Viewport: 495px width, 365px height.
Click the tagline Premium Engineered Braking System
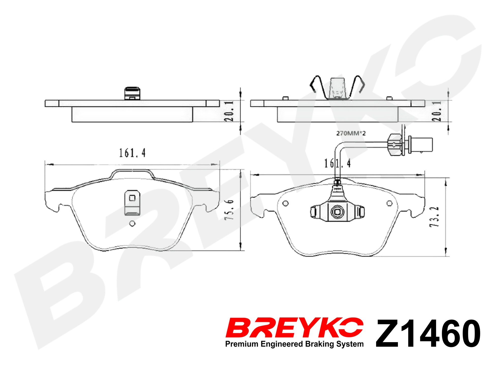pos(294,344)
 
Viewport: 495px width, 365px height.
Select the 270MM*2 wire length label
pos(351,133)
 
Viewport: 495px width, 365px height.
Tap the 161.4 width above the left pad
pos(132,153)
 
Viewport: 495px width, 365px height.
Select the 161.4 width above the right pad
pos(337,163)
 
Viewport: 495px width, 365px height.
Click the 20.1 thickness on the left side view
pos(229,111)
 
